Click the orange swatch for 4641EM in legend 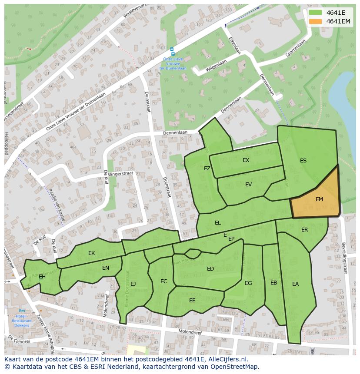[316, 21]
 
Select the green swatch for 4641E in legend [316, 13]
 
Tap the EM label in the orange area [319, 199]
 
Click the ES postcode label [303, 161]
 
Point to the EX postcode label [246, 160]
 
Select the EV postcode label [248, 185]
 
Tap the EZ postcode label [207, 169]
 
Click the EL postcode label [217, 223]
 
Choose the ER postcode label [304, 230]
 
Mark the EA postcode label [295, 284]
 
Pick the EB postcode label [273, 283]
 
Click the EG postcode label [248, 283]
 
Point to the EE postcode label [192, 300]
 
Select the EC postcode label [163, 281]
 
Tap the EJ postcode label [133, 284]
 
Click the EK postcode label [91, 253]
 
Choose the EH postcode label [42, 277]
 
